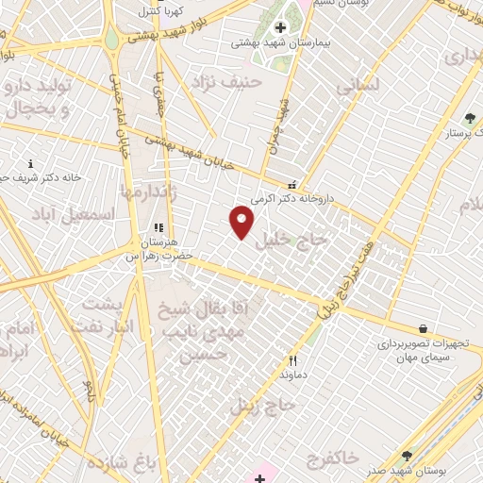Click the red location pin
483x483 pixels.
(242, 223)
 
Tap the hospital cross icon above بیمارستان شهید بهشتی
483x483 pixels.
(280, 27)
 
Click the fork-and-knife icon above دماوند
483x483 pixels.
(292, 359)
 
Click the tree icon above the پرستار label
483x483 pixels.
(470, 118)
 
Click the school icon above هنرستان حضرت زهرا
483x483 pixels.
(158, 227)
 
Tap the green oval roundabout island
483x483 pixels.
(111, 40)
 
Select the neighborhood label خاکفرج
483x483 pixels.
(333, 457)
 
